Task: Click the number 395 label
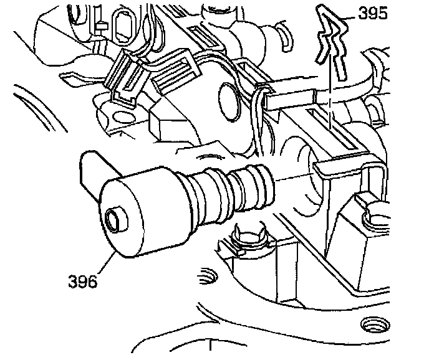coord(373,13)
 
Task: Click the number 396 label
coord(83,281)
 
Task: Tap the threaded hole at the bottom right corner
coord(375,325)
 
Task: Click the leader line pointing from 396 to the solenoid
coord(106,263)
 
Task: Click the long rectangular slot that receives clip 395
coord(331,129)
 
